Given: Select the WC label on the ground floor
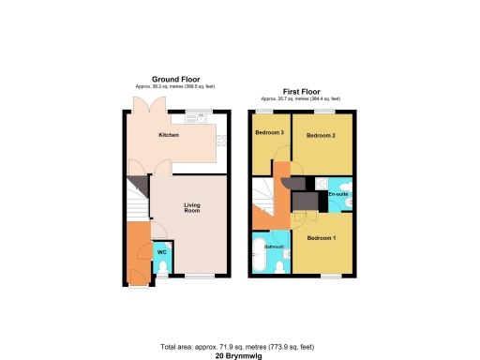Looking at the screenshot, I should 161,251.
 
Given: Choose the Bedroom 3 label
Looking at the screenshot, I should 270,132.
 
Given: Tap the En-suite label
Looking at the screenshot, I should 338,194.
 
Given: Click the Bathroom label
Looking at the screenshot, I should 274,247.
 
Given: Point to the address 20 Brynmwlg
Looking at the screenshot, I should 240,353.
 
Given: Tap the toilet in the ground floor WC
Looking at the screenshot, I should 161,269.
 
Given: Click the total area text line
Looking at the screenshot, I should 240,345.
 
